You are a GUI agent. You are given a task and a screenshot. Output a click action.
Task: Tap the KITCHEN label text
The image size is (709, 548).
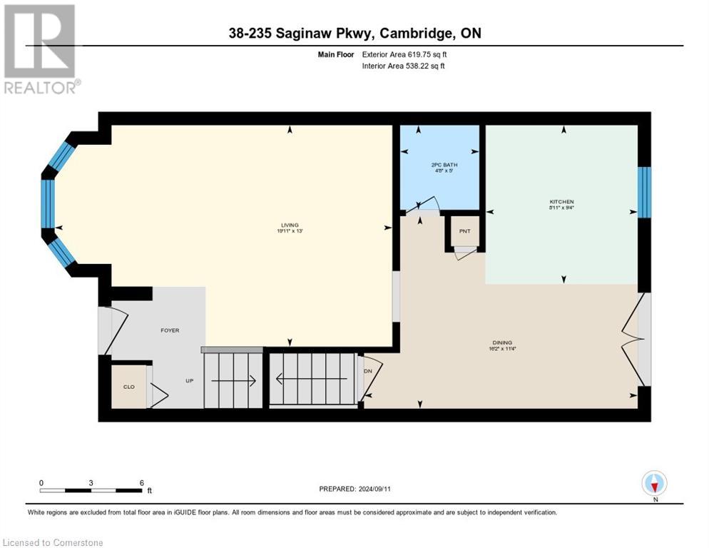(x=562, y=202)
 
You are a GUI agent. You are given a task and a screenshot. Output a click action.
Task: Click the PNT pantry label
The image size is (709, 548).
(x=464, y=231)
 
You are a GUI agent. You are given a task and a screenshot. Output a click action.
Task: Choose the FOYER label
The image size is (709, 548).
(x=170, y=330)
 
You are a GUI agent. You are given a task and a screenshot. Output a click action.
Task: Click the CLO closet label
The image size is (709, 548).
(x=129, y=387)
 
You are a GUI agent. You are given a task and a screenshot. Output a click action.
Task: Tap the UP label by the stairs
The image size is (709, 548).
(x=190, y=381)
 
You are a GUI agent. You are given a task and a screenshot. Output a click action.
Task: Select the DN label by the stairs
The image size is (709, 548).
(x=368, y=371)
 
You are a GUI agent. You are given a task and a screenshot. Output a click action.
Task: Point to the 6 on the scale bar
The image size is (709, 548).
(x=142, y=482)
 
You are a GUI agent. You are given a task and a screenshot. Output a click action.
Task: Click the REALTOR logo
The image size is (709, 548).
(x=40, y=49)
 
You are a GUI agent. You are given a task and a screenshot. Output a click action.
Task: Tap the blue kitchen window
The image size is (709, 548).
(x=644, y=192)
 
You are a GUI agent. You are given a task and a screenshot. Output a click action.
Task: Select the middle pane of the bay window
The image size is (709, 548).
(x=48, y=203)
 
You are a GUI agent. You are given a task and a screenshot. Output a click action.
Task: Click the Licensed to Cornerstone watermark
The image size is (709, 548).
(x=53, y=543)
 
